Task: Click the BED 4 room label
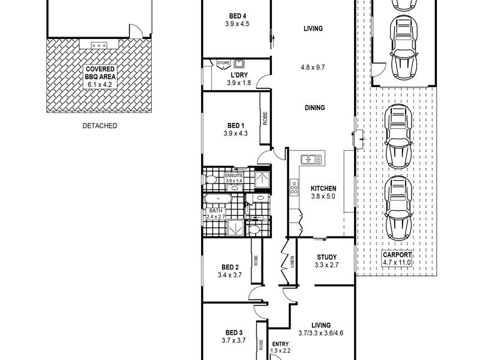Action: click(x=237, y=16)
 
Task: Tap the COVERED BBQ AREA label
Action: click(x=100, y=73)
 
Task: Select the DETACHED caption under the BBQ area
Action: click(x=100, y=125)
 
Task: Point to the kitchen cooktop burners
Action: click(x=294, y=187)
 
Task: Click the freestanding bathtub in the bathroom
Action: click(x=218, y=199)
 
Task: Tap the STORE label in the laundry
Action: click(x=223, y=63)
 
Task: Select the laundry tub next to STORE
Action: click(x=239, y=64)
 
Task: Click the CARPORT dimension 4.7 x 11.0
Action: click(x=397, y=262)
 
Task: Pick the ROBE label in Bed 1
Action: click(x=265, y=118)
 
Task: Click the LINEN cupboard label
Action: click(x=292, y=262)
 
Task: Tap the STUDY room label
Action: click(x=326, y=257)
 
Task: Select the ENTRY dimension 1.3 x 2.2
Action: click(x=280, y=351)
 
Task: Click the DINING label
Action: click(x=314, y=108)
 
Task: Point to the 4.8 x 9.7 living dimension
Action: click(x=313, y=67)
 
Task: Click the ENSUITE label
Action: click(x=234, y=176)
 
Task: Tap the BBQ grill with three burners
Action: click(x=98, y=46)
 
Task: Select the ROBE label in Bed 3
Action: click(x=261, y=344)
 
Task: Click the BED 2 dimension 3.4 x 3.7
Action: click(x=230, y=275)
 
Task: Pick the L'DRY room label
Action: click(x=239, y=75)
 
